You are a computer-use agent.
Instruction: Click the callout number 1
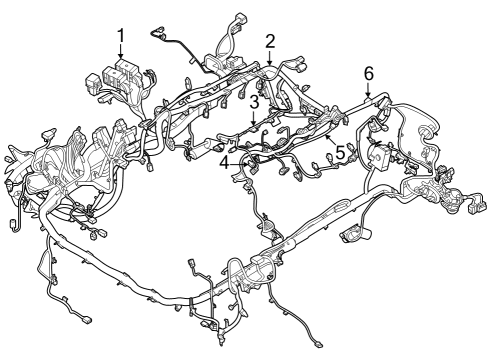[x=121, y=37]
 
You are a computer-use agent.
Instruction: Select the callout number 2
[x=270, y=41]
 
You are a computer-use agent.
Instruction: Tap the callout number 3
[x=255, y=102]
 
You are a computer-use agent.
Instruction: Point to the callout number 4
[x=224, y=159]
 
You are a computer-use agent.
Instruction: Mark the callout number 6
[x=369, y=73]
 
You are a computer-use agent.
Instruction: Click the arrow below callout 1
[x=121, y=55]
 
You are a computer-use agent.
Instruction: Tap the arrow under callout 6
[x=369, y=92]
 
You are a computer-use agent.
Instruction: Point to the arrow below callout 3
[x=255, y=120]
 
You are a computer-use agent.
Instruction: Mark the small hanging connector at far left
[x=11, y=222]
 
